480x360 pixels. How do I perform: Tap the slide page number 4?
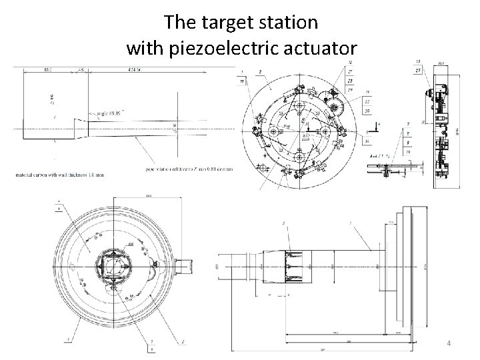449,343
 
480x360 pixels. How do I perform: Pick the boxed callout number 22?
367,101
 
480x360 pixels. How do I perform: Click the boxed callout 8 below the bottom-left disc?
152,348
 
